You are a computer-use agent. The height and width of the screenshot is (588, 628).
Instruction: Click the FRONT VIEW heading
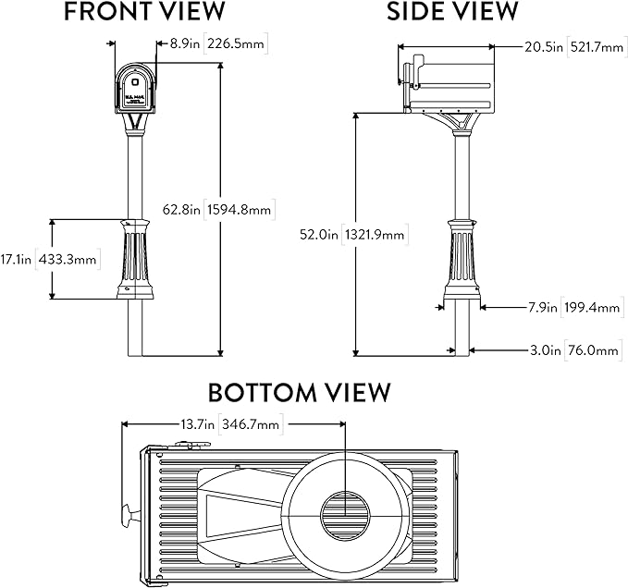pos(144,11)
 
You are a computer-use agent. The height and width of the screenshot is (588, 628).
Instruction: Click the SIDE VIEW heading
pos(452,11)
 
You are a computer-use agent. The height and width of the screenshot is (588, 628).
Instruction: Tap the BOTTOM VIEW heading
pos(299,393)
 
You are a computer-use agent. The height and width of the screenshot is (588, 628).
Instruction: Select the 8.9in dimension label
pos(185,43)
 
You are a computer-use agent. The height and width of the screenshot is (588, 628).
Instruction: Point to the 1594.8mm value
pos(240,209)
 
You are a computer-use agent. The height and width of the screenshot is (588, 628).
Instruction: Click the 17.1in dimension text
pos(16,260)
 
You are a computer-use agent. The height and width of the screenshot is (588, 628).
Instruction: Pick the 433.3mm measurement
pos(68,260)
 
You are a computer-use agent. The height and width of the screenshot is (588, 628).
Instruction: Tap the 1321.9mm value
pos(375,234)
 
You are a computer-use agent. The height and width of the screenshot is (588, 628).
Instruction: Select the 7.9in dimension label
pos(543,308)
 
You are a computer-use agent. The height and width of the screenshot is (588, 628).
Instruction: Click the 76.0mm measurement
pos(593,350)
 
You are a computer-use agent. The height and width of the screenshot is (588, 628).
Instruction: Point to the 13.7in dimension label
pos(197,423)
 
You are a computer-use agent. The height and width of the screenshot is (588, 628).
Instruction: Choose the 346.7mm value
pos(251,423)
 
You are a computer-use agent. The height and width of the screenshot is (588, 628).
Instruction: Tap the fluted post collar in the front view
pos(135,260)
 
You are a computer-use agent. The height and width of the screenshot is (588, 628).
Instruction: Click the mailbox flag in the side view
pos(415,70)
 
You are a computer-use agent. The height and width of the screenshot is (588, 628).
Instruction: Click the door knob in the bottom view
pos(129,516)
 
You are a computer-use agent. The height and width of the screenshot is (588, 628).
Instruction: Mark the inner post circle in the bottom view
pos(345,516)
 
